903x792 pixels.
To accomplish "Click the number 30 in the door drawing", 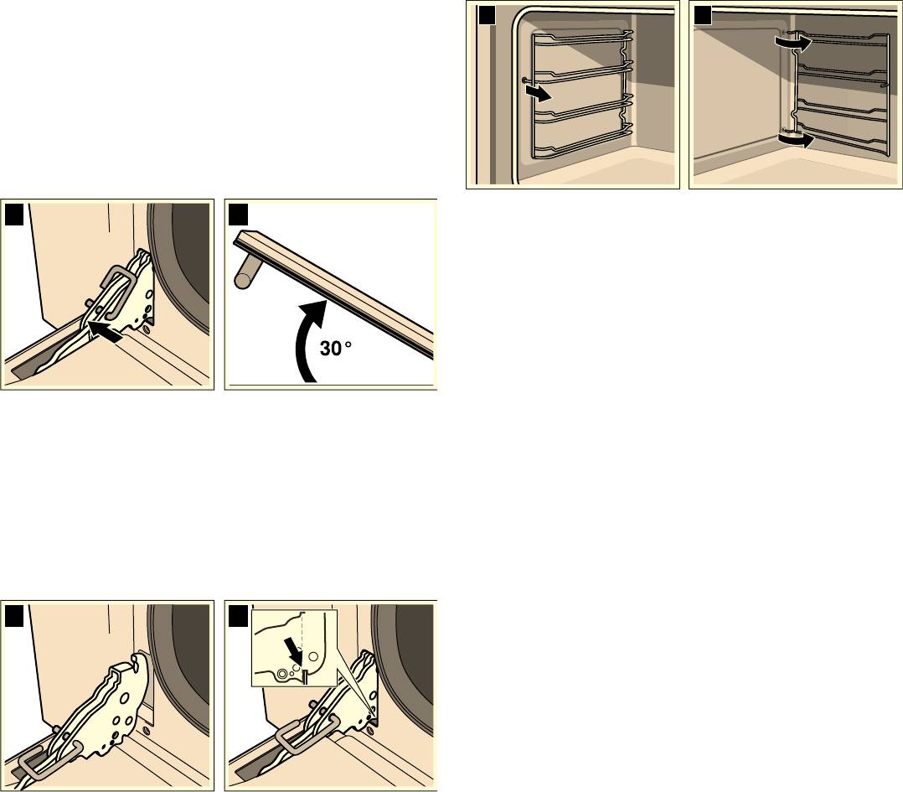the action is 330,349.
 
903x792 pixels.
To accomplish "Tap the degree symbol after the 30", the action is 348,345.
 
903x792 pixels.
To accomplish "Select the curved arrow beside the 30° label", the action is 310,339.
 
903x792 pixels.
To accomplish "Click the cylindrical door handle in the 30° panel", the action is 245,271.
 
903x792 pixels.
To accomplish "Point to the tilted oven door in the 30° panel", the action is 334,294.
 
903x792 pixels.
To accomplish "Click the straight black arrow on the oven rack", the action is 539,93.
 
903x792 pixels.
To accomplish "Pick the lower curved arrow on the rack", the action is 796,139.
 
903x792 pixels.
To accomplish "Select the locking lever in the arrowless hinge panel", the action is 49,764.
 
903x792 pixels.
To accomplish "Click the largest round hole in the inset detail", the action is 313,655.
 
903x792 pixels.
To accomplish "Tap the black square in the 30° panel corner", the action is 239,215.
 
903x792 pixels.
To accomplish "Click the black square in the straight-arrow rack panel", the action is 487,15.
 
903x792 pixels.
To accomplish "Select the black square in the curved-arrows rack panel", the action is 703,15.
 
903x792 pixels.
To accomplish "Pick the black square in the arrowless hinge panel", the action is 14,616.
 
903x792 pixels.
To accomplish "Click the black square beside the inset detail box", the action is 238,616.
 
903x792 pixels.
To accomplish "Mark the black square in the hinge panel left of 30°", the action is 14,215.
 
